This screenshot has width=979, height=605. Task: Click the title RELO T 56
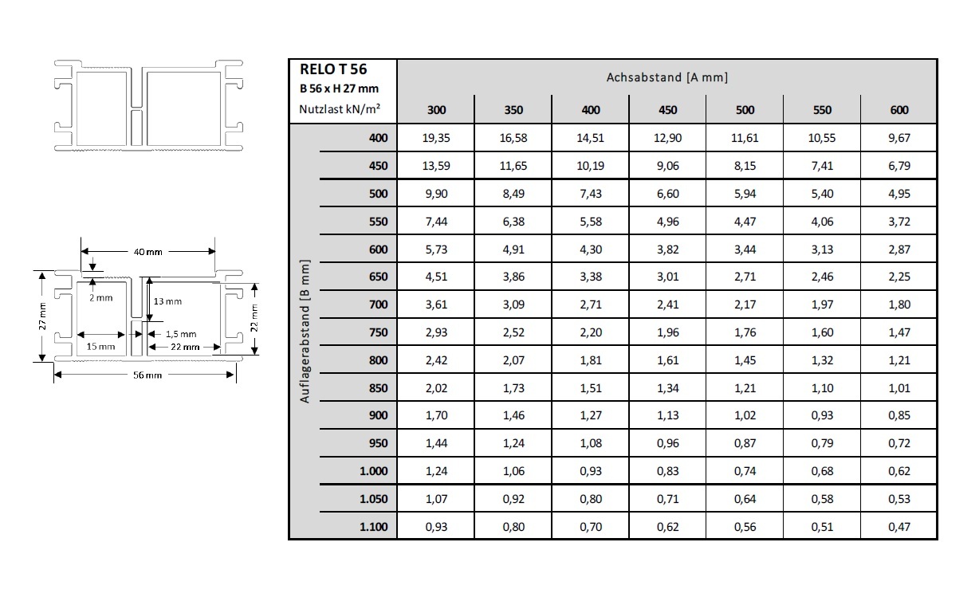point(334,70)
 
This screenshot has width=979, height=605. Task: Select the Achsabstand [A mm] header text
point(666,77)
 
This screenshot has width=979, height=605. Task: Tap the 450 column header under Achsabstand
point(668,110)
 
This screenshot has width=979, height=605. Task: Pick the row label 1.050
point(373,498)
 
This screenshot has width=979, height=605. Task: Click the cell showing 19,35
point(436,138)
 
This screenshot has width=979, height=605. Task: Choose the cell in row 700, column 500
point(745,304)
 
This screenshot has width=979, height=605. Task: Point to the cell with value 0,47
point(898,526)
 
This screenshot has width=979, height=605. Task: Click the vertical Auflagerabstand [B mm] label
point(305,332)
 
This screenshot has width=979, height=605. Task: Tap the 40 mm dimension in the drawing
point(147,252)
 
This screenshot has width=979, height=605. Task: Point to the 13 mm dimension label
point(167,301)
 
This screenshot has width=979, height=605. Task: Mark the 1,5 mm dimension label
point(180,335)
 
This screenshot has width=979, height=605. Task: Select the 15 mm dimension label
point(101,347)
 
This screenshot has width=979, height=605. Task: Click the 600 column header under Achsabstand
point(898,110)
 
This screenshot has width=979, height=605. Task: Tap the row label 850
point(378,388)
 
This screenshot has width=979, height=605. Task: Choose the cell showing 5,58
point(591,222)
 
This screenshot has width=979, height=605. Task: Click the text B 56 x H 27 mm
point(339,89)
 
